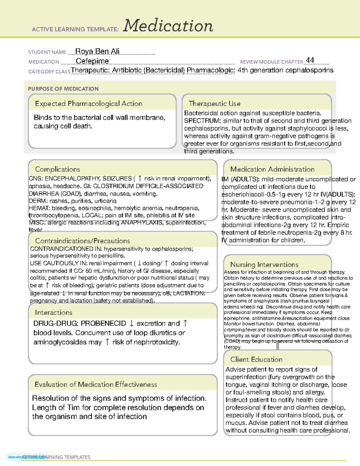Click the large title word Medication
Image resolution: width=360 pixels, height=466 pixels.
pyautogui.click(x=168, y=26)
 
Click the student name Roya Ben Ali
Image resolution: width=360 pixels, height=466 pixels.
pyautogui.click(x=97, y=51)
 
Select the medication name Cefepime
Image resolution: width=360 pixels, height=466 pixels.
pyautogui.click(x=92, y=61)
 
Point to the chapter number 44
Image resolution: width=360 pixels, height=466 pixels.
pyautogui.click(x=310, y=60)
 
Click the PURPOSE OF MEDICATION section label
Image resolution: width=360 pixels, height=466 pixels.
pyautogui.click(x=63, y=89)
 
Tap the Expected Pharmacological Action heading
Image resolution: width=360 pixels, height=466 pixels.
pyautogui.click(x=88, y=104)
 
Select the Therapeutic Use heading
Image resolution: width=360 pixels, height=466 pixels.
pyautogui.click(x=214, y=104)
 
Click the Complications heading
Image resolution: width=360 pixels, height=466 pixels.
pyautogui.click(x=58, y=169)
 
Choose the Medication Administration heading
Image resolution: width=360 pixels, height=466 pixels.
pyautogui.click(x=272, y=169)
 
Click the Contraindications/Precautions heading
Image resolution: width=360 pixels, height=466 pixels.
pyautogui.click(x=82, y=241)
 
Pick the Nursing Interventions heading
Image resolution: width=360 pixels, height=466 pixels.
pyautogui.click(x=264, y=265)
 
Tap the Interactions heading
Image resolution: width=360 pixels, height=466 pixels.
pyautogui.click(x=54, y=313)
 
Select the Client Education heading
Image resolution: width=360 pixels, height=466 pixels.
pyautogui.click(x=256, y=359)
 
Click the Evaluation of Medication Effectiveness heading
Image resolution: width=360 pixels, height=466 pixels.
pyautogui.click(x=96, y=385)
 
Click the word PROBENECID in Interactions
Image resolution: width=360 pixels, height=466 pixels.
pyautogui.click(x=103, y=323)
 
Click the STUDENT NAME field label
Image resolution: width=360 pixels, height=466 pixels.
pyautogui.click(x=47, y=52)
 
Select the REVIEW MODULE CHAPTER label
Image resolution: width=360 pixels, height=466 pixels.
pyautogui.click(x=271, y=62)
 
